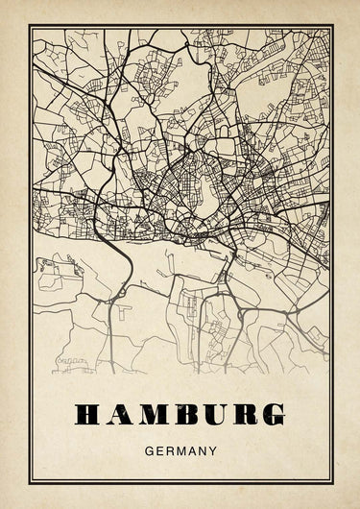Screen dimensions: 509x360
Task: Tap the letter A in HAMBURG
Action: point(119,415)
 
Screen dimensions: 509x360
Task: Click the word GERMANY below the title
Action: point(180,448)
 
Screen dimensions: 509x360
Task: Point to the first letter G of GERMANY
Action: point(147,448)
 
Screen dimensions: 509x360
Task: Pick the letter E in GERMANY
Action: point(157,448)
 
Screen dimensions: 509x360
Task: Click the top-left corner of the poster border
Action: point(29,26)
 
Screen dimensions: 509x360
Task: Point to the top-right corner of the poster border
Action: point(332,26)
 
